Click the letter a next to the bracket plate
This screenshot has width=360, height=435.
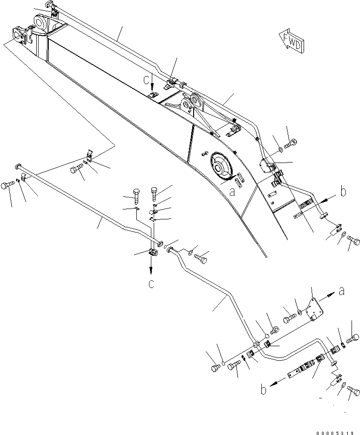[342, 292]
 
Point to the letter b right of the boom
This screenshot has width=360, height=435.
[344, 192]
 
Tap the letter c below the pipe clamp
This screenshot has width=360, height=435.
[150, 283]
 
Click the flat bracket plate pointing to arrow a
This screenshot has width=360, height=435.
[312, 310]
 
